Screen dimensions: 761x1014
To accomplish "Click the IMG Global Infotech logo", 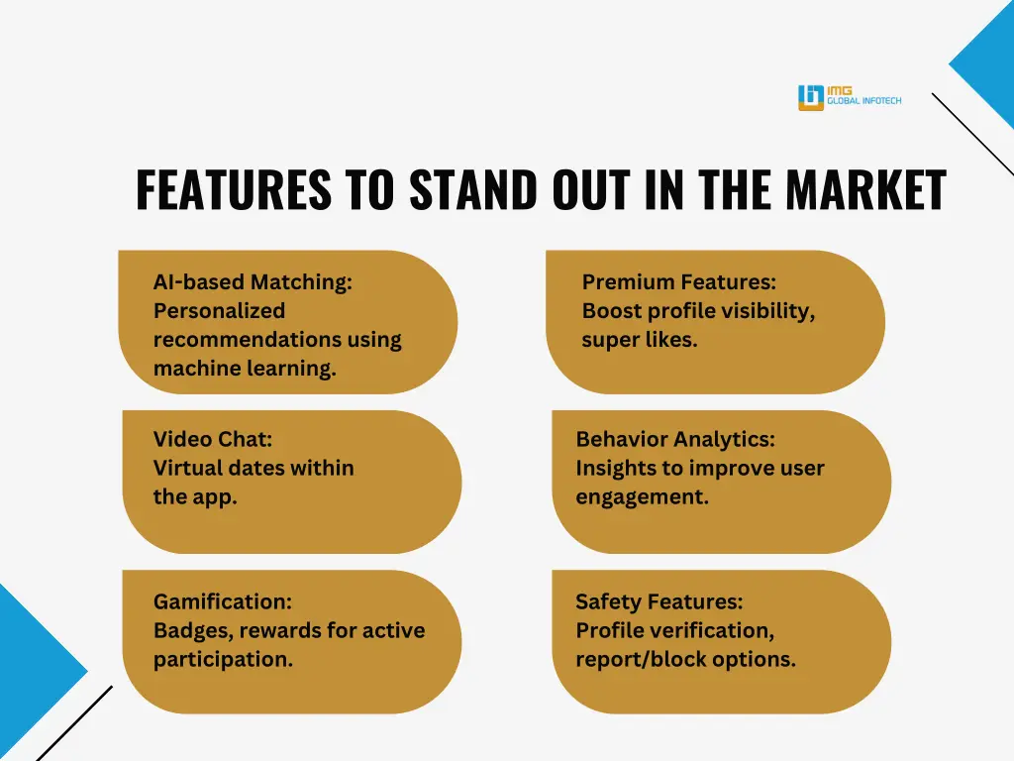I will pyautogui.click(x=849, y=97).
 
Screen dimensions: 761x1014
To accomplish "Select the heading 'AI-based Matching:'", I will pyautogui.click(x=253, y=282).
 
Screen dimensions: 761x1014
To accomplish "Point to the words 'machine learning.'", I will pyautogui.click(x=245, y=369).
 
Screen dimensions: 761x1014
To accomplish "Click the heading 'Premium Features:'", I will pyautogui.click(x=679, y=282).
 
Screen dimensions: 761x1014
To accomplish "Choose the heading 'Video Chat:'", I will pyautogui.click(x=212, y=439).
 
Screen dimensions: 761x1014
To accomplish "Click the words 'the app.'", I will pyautogui.click(x=195, y=496).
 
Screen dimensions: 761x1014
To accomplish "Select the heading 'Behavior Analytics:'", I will pyautogui.click(x=675, y=439).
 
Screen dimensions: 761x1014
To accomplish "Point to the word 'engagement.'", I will pyautogui.click(x=642, y=496).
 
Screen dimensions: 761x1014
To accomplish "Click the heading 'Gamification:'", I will pyautogui.click(x=223, y=601).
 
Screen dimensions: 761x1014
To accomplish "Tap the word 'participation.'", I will pyautogui.click(x=223, y=659).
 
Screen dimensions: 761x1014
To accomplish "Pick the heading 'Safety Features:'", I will pyautogui.click(x=659, y=601).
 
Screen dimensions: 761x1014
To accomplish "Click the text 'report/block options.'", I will pyautogui.click(x=685, y=659).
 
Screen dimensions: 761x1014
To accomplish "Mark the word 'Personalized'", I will pyautogui.click(x=219, y=311).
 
